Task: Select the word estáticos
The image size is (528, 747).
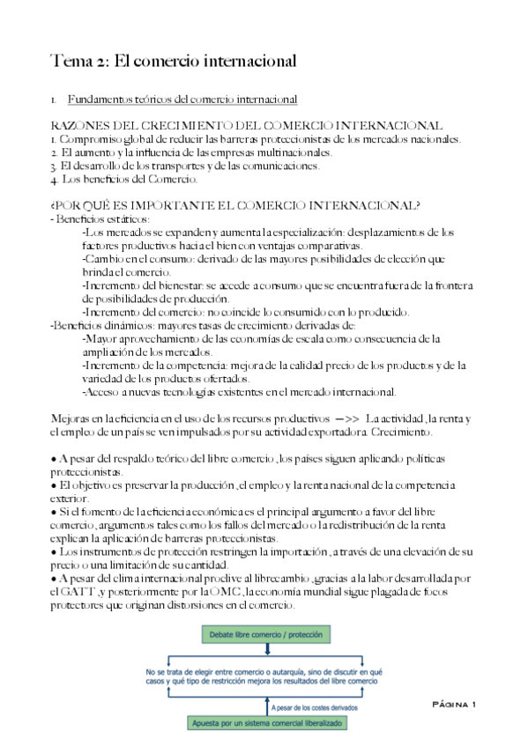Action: click(127, 218)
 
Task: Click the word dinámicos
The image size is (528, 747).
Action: click(123, 325)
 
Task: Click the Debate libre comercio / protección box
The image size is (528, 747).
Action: click(264, 635)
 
